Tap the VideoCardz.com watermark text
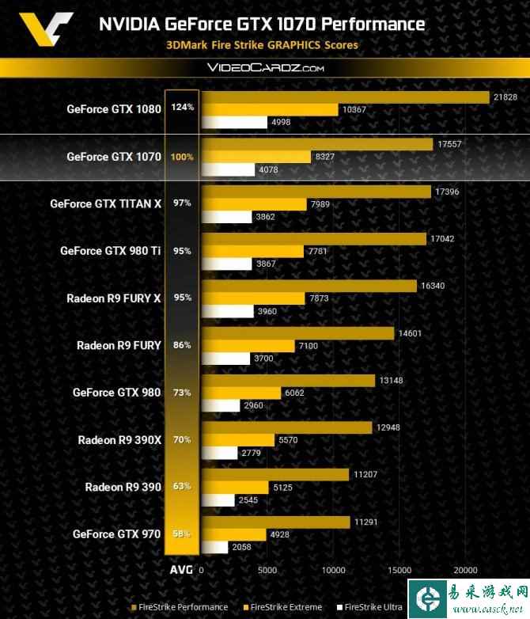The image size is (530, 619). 265,68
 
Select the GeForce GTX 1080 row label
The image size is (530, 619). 114,108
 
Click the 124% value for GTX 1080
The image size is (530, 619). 182,108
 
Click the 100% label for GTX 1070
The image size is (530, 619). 182,157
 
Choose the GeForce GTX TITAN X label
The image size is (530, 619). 105,203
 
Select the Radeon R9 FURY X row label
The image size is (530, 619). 115,298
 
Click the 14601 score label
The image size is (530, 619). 410,333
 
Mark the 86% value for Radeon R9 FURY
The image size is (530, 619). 182,345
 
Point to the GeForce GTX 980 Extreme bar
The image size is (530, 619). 240,393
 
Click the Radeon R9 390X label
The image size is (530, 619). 119,439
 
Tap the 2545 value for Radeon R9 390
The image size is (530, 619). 248,499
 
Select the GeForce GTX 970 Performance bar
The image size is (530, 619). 275,522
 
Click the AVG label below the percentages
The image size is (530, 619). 181,570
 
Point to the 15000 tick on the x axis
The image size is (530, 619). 399,570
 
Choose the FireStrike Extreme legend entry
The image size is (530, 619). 281,607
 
